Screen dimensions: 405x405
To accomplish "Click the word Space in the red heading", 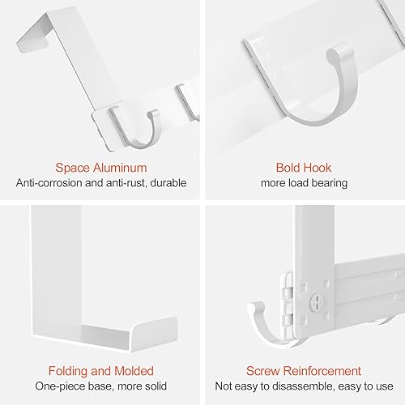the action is [x=73, y=168].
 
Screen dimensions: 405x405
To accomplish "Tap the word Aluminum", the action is [x=120, y=168].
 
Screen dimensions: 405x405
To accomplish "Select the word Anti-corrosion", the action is [x=49, y=183].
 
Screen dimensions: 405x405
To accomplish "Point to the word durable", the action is [x=168, y=183].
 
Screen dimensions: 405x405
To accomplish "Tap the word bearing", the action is [x=330, y=184].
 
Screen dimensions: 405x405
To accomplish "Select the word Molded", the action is [x=134, y=371].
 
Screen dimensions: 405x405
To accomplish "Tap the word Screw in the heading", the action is [x=262, y=371].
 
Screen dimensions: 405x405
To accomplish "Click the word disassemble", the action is [x=304, y=386].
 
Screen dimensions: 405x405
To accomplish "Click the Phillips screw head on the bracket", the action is [x=317, y=301].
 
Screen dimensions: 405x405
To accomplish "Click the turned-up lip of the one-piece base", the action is [x=154, y=334].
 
